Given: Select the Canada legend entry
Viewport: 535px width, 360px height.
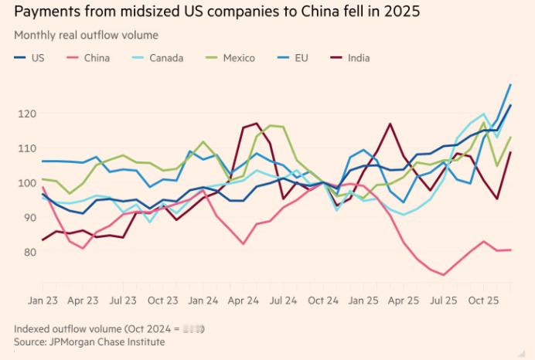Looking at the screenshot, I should click(x=165, y=57).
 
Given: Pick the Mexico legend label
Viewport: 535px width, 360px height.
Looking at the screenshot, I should click(x=239, y=57).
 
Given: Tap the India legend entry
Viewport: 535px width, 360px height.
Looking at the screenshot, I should click(x=359, y=57).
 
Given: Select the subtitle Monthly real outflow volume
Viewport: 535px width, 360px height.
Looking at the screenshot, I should click(x=87, y=35).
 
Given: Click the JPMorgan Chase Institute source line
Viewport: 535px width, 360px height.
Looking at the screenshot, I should click(x=90, y=341).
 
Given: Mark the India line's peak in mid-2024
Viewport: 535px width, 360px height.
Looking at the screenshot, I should click(x=257, y=123).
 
